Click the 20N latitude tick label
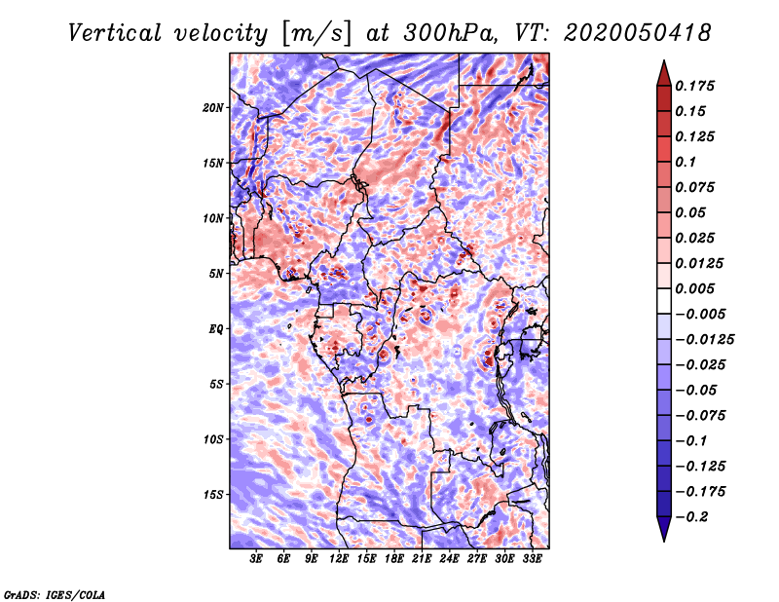[213, 108]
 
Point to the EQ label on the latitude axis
[216, 329]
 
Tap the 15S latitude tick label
[213, 495]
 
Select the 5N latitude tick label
[216, 274]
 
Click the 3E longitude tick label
[256, 558]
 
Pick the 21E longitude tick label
[422, 558]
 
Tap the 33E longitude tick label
[532, 558]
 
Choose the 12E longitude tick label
[338, 558]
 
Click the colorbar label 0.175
[694, 86]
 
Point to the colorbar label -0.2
[691, 517]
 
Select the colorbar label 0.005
[694, 288]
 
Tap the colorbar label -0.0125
[704, 340]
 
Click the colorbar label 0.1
[686, 162]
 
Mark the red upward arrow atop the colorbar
[664, 74]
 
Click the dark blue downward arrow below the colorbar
[664, 529]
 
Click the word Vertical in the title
[115, 33]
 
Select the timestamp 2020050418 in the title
[638, 33]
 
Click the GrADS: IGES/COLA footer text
[55, 594]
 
